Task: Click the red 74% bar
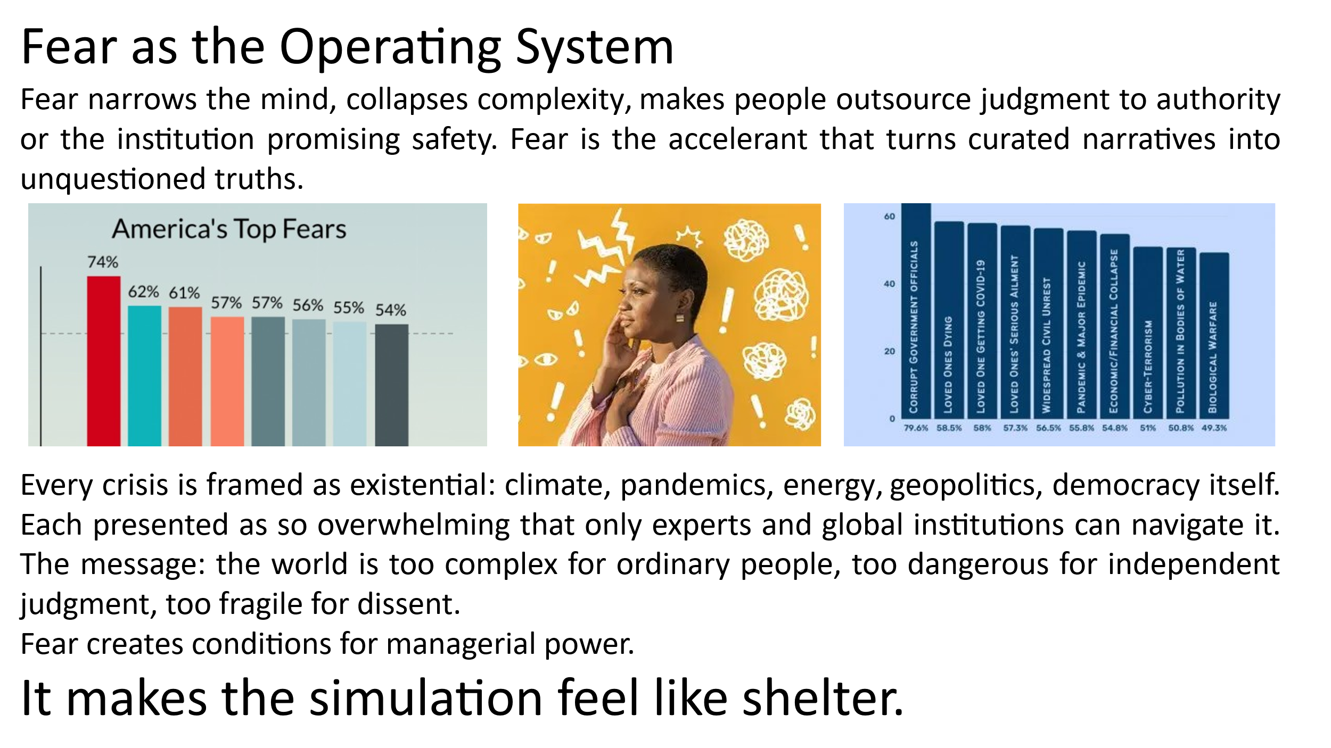(104, 361)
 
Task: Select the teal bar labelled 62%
(144, 376)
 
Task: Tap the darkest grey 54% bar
(392, 385)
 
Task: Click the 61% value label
(184, 293)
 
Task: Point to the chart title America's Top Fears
(229, 229)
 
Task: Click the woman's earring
(680, 318)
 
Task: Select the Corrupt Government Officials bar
(916, 311)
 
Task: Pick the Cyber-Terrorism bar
(1148, 333)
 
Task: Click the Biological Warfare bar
(1214, 336)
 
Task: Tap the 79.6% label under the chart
(916, 428)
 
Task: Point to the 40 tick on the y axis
(890, 284)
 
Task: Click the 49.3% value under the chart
(1214, 428)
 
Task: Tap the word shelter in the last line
(823, 698)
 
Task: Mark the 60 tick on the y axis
(890, 217)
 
